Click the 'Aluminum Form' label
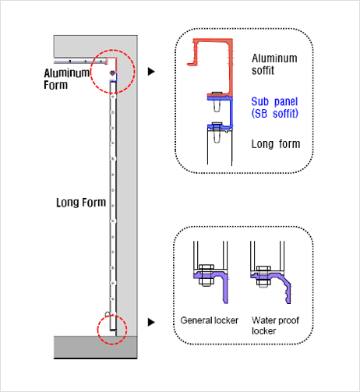click(66, 79)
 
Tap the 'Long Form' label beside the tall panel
click(81, 203)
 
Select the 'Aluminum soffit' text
click(274, 65)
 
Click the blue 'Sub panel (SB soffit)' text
click(275, 108)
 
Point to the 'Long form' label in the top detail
click(276, 144)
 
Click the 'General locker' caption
click(210, 320)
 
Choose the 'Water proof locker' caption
click(275, 326)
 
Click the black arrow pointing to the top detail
click(151, 72)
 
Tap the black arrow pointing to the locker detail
click(151, 322)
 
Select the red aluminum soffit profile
click(230, 68)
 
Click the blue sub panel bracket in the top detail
click(231, 111)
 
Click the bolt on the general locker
click(206, 276)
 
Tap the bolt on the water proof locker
click(263, 277)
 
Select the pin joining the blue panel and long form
click(217, 132)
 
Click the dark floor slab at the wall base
click(95, 348)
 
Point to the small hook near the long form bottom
click(107, 314)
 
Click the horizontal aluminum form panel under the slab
click(80, 62)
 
